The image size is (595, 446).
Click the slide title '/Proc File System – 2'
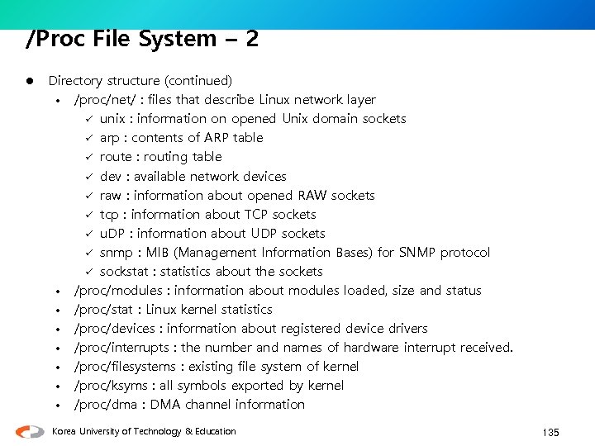pyautogui.click(x=141, y=39)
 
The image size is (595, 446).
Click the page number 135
pyautogui.click(x=550, y=433)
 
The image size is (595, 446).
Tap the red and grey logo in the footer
pyautogui.click(x=31, y=431)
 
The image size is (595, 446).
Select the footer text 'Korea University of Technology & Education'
pyautogui.click(x=143, y=431)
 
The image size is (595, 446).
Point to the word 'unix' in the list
pyautogui.click(x=112, y=119)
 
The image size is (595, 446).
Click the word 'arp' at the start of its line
pyautogui.click(x=109, y=138)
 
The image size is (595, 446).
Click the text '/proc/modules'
pyautogui.click(x=118, y=291)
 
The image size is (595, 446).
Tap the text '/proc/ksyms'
pyautogui.click(x=110, y=386)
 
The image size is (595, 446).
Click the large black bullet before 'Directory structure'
pyautogui.click(x=28, y=81)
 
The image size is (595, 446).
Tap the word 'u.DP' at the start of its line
pyautogui.click(x=114, y=234)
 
